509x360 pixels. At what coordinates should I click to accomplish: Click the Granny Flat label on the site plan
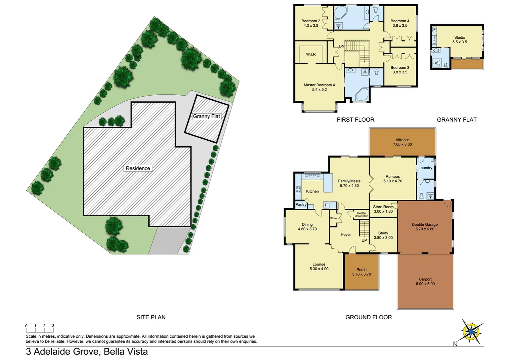pos(207,116)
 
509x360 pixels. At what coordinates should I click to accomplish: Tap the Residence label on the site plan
pos(138,168)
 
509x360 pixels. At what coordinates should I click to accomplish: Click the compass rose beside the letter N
pos(471,332)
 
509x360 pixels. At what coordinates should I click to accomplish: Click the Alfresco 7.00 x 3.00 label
pos(402,142)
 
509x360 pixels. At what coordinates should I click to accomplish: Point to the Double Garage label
pos(425,227)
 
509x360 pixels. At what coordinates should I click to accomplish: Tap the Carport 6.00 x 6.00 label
pos(425,282)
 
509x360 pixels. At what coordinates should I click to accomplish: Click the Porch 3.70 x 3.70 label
pos(361,272)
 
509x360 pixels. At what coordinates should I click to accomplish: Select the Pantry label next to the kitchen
pos(301,205)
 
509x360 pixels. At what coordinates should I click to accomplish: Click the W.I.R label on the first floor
pos(311,54)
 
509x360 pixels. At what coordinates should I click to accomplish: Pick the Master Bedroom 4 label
pos(319,87)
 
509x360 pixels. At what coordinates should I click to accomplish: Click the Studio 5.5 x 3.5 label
pos(459,40)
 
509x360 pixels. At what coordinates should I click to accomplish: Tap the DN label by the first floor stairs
pos(341,46)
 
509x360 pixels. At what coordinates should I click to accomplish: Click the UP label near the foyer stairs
pos(364,240)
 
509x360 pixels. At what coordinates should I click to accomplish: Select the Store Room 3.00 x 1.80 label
pos(383,209)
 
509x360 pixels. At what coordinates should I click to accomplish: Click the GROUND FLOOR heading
pos(368,317)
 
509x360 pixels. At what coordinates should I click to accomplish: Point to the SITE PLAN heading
pos(151,317)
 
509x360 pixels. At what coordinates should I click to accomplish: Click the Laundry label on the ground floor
pos(425,168)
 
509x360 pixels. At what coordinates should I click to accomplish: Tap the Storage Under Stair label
pos(361,214)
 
